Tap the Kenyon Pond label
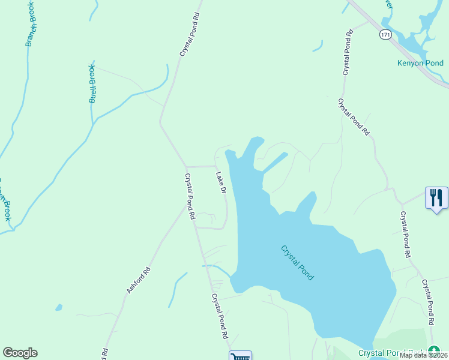point(420,63)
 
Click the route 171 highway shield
point(385,35)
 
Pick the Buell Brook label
point(92,83)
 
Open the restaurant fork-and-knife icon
point(436,197)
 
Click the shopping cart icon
point(240,356)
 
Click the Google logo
point(20,353)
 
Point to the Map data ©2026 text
point(423,355)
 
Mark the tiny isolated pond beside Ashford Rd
point(58,308)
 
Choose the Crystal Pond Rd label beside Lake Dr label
point(190,196)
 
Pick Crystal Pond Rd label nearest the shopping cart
point(220,316)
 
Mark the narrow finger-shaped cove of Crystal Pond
point(276,163)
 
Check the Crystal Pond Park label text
point(393,353)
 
